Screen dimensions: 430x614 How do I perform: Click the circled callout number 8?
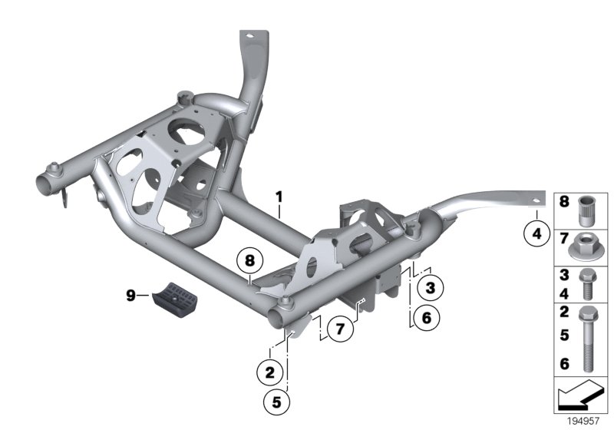click(249, 260)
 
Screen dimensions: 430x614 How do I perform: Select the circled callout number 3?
click(430, 288)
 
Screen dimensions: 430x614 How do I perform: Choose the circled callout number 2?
click(269, 374)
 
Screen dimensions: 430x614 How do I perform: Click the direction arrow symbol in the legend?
click(579, 398)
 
